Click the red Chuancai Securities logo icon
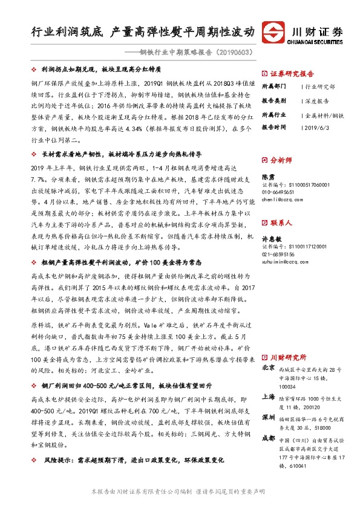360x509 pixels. click(x=280, y=32)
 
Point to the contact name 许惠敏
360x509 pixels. click(x=272, y=239)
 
